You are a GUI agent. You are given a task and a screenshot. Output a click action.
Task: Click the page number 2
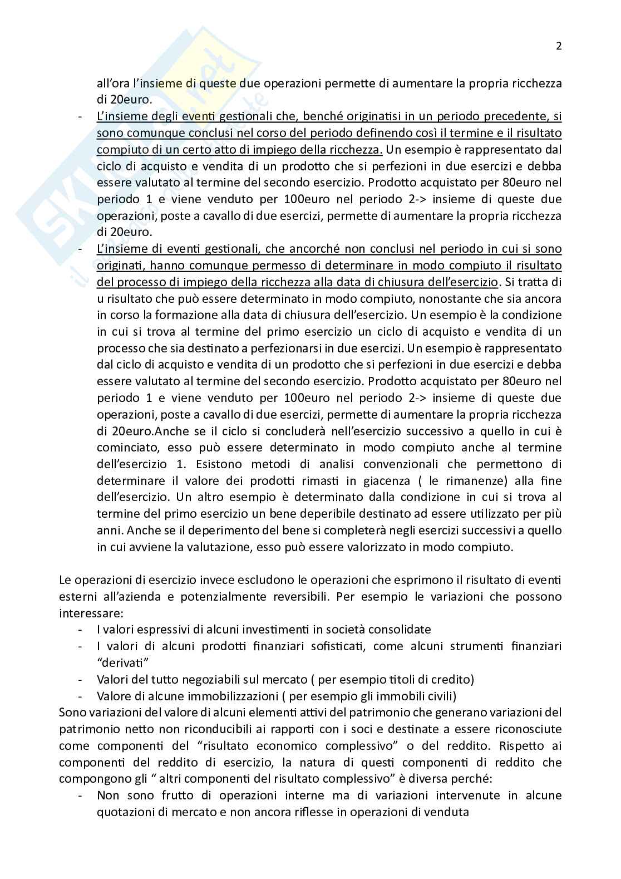point(559,46)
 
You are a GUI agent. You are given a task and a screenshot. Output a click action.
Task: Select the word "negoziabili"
point(195,680)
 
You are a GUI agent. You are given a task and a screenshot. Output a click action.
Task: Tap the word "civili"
point(441,696)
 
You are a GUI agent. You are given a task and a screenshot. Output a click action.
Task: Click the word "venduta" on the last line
point(448,812)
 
